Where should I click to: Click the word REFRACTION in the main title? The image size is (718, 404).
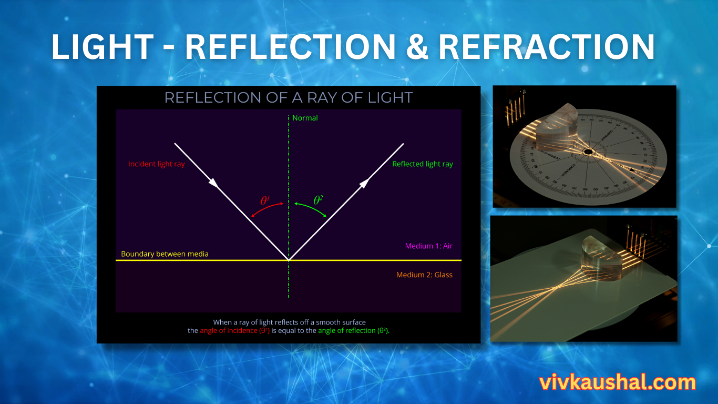(x=547, y=47)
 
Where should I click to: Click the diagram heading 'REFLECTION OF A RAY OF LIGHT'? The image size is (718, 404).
(x=289, y=98)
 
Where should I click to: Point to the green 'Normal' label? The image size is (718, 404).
(x=305, y=118)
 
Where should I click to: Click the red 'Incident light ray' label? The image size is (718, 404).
(x=157, y=164)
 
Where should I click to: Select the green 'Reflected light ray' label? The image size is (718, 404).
(x=423, y=164)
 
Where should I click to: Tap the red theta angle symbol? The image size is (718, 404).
(x=265, y=200)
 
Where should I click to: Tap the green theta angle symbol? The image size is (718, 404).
(x=318, y=200)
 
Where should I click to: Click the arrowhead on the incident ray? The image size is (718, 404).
(x=213, y=183)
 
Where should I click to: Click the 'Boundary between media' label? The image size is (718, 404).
(x=165, y=254)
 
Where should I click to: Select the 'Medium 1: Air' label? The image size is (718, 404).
(x=428, y=246)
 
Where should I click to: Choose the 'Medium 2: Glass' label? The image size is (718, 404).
(x=424, y=275)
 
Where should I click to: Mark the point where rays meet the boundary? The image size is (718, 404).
(x=289, y=260)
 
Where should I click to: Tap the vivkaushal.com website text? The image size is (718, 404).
(x=617, y=382)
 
